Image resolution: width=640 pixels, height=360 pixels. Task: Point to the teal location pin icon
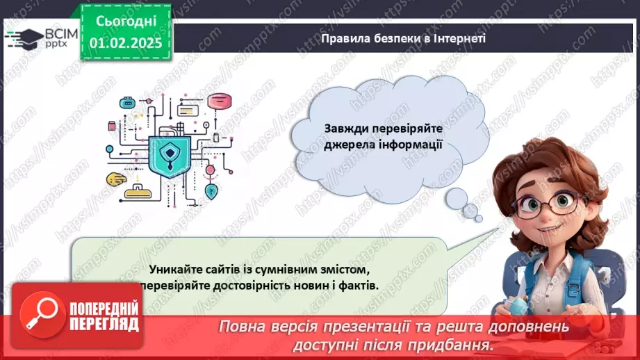click(211, 189)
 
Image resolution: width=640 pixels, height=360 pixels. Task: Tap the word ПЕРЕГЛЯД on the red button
click(104, 324)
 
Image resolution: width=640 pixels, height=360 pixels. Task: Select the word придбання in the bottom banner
click(459, 344)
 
